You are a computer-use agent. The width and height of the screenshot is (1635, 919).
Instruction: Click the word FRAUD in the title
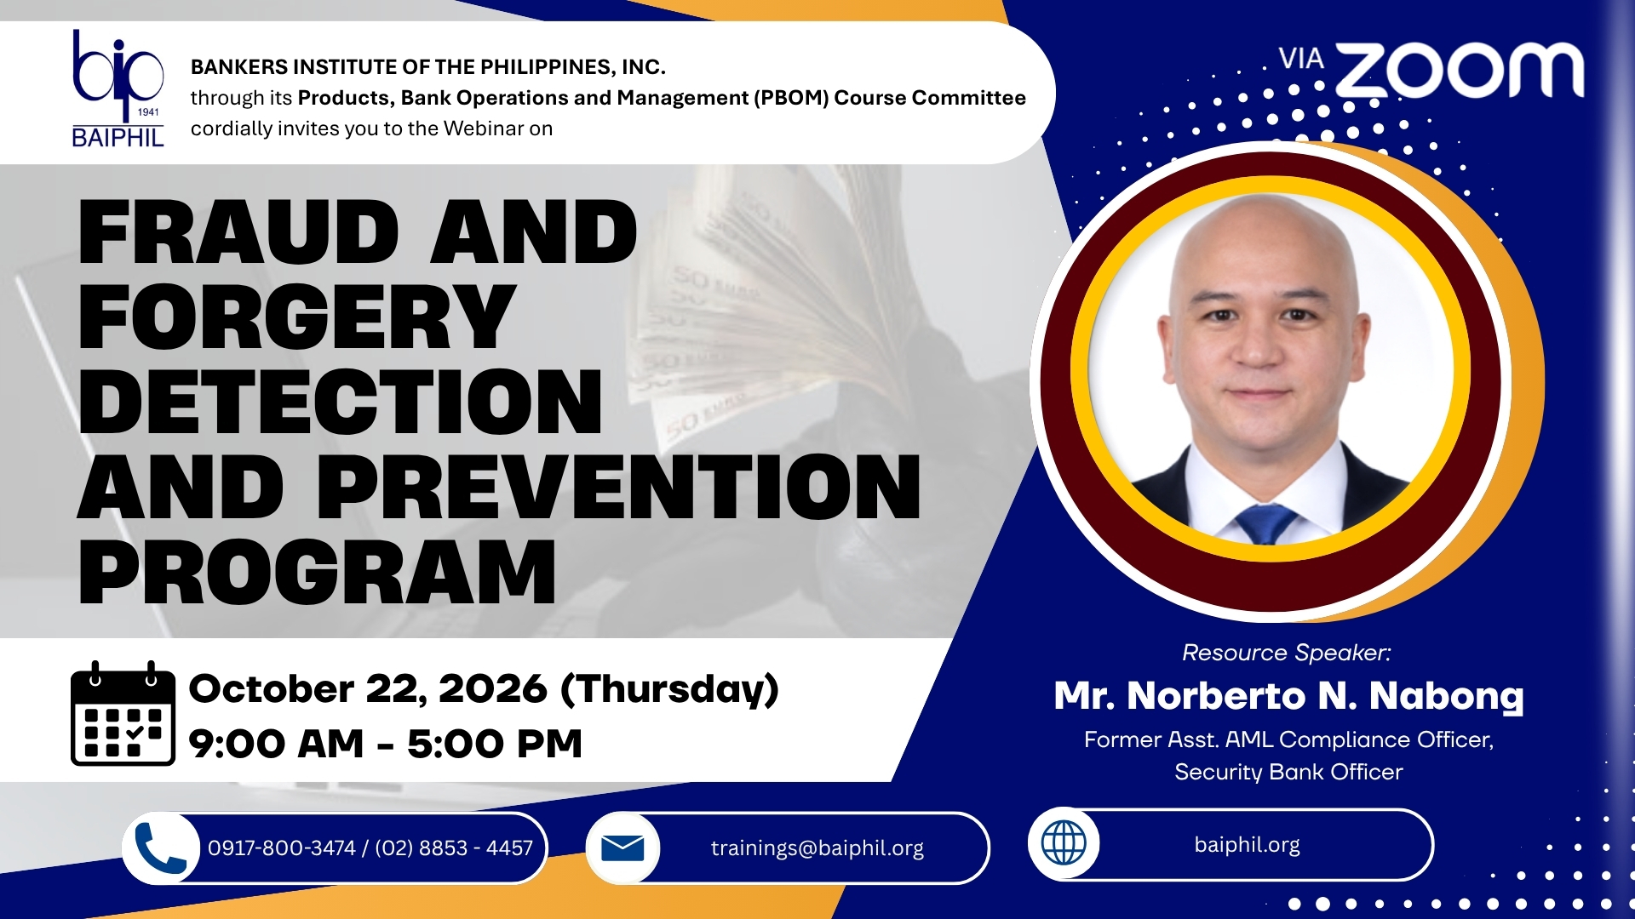tap(238, 232)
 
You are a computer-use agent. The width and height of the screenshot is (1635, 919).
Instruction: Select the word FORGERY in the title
tap(296, 317)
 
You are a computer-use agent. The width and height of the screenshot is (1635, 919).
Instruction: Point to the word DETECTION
tap(341, 402)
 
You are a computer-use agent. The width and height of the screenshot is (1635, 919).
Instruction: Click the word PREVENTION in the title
tap(619, 487)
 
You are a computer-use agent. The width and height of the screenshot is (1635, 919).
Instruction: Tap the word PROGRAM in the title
tap(317, 572)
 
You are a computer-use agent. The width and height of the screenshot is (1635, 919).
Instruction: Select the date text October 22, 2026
tap(368, 689)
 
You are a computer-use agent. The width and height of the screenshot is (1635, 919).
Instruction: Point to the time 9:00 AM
tap(276, 744)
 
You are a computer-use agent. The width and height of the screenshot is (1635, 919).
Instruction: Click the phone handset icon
tap(161, 848)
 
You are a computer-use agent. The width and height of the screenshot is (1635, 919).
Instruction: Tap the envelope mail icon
tap(622, 848)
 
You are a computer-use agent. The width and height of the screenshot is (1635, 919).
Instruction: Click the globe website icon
tap(1064, 843)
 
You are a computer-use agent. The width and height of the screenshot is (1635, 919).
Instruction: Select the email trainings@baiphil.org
tap(817, 848)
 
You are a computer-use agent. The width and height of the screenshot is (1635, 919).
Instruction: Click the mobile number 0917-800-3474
tap(281, 848)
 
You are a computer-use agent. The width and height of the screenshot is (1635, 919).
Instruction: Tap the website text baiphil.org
tap(1248, 845)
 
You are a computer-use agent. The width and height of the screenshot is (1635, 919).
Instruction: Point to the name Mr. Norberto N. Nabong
tap(1288, 696)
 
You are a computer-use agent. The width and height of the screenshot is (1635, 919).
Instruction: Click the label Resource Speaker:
tap(1287, 653)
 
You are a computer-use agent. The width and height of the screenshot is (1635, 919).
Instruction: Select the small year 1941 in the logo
tap(148, 112)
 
